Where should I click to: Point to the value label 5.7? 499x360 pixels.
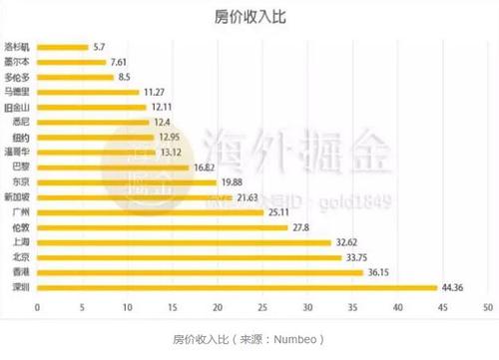click(98, 46)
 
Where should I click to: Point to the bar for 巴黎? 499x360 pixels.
click(111, 168)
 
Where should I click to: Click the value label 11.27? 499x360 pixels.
click(156, 92)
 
